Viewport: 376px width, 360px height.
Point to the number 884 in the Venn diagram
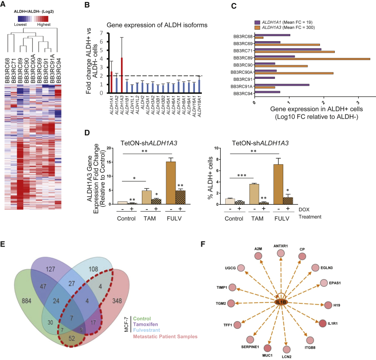pyautogui.click(x=31, y=286)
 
